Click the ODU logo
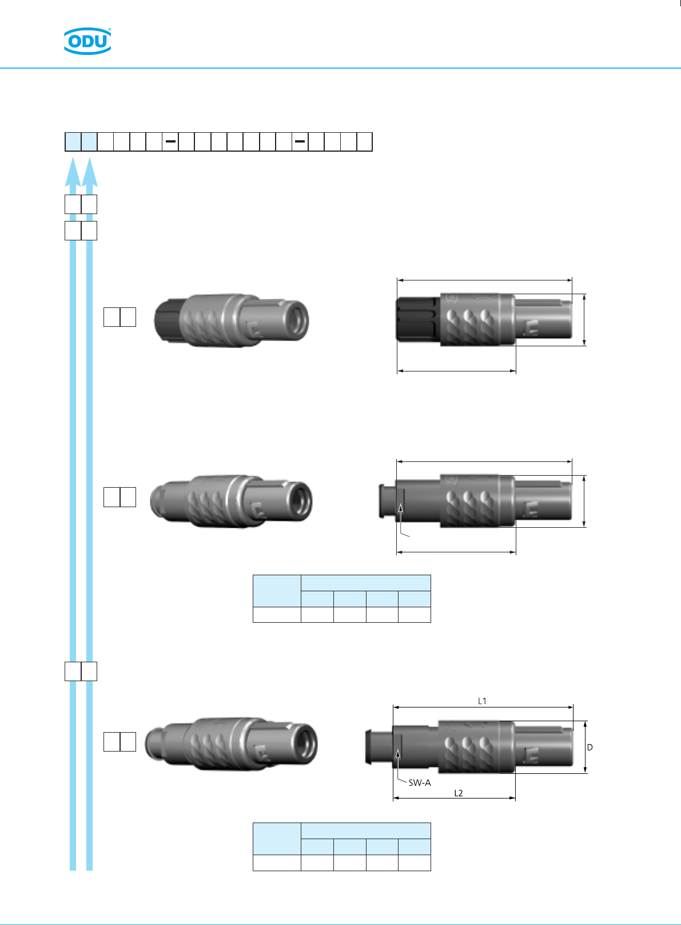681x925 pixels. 87,41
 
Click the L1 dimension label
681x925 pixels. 482,701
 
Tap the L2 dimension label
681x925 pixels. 458,793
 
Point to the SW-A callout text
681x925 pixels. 420,782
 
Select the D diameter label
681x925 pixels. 590,747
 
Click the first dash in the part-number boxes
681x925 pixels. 170,141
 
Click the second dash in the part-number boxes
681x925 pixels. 300,141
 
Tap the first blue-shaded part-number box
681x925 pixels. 73,141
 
